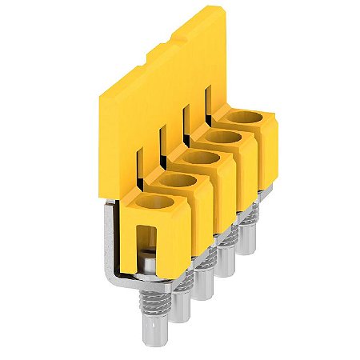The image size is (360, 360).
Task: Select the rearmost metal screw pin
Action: tap(256, 216)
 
